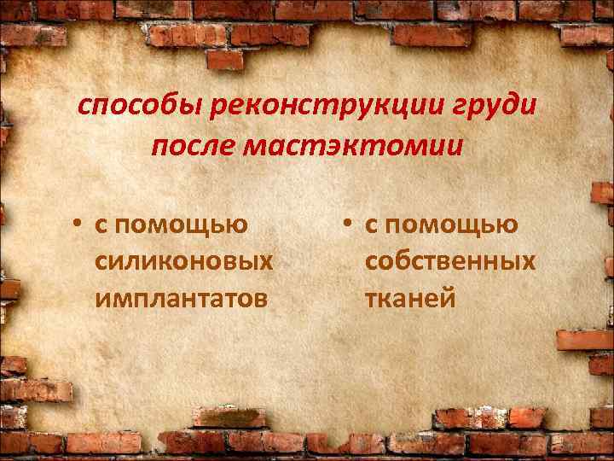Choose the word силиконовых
click(185, 261)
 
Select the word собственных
click(450, 261)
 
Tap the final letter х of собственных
click(529, 261)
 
